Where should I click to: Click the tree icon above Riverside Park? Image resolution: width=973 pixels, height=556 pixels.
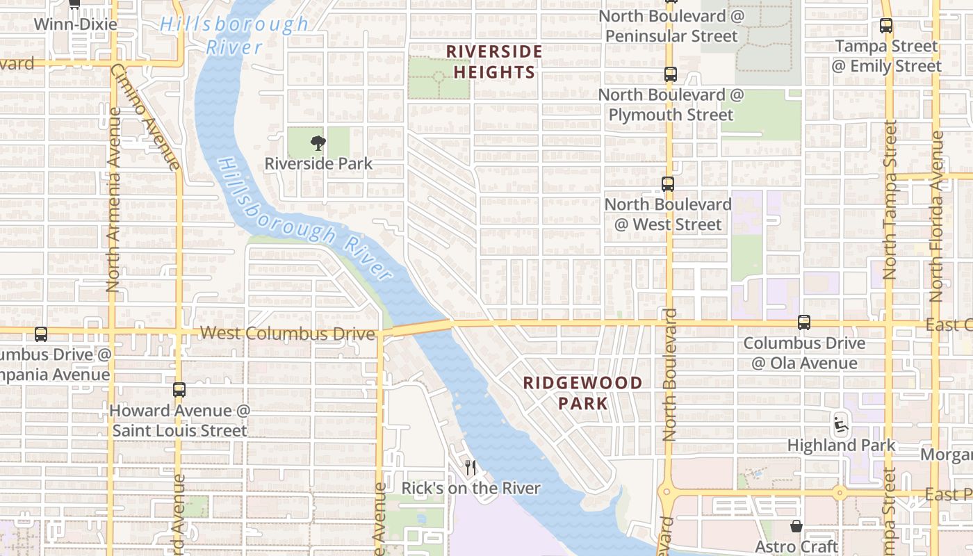point(318,143)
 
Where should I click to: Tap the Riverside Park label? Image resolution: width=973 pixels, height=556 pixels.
point(318,164)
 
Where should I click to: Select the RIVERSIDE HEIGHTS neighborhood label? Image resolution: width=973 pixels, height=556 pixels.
point(493,62)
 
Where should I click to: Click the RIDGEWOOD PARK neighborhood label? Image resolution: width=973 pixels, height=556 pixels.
point(582,393)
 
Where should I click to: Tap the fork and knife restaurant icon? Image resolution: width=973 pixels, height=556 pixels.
point(471,468)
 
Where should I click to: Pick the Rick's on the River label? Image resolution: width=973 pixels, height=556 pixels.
point(471,489)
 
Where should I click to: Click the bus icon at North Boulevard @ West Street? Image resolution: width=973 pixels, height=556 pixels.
point(668,184)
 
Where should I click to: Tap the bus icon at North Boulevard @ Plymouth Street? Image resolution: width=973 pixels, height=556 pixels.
point(670,74)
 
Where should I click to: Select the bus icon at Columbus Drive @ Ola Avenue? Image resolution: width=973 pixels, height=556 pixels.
point(804,322)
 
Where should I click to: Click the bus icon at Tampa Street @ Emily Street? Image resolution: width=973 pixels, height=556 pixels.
point(886,26)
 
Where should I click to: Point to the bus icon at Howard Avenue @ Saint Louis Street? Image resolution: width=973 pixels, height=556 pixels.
point(179,389)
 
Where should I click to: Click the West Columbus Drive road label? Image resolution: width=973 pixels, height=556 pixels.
point(287,334)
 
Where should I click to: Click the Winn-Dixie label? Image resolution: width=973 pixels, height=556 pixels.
point(75,24)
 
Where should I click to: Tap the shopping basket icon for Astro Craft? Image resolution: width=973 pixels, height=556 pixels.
point(796,527)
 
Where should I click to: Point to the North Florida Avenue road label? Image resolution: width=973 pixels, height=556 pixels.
point(936,215)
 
